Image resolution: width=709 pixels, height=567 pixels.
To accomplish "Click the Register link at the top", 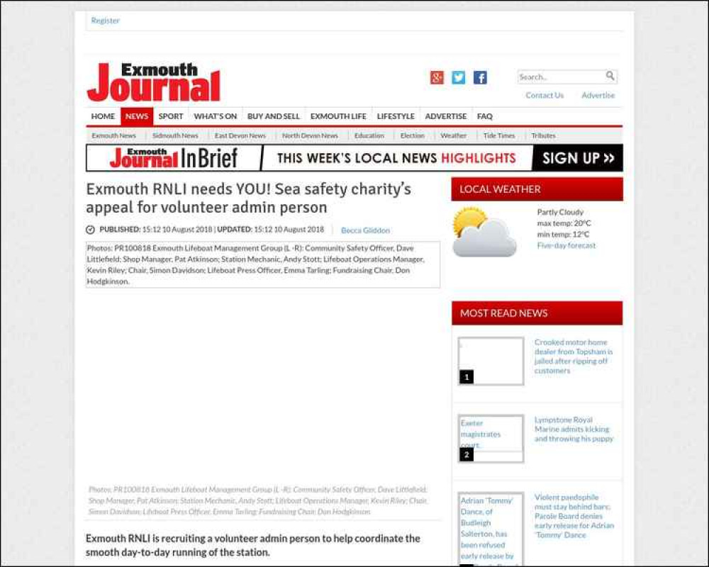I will point(105,21).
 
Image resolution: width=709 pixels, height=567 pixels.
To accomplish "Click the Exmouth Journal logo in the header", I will point(154,82).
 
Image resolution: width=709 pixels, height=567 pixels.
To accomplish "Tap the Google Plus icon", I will point(437,78).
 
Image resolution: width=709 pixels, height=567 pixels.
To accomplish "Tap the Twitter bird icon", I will point(459,78).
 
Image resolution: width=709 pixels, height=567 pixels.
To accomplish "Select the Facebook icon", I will point(480,78).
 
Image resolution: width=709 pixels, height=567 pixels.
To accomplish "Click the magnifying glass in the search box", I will point(610,76).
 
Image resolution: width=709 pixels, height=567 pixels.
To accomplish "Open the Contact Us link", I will point(545,95).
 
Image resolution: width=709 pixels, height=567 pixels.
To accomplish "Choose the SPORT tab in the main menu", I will point(171,116).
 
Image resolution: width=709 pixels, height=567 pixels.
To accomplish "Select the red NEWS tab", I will point(137,116).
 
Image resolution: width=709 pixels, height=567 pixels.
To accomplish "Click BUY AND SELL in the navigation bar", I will point(274,116).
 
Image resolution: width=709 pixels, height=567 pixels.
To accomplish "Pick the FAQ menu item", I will point(485,116).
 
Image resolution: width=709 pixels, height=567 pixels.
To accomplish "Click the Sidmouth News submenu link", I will point(175,135).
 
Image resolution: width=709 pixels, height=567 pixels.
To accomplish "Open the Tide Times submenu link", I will point(499,135).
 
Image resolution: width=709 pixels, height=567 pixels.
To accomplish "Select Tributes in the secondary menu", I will point(544,135).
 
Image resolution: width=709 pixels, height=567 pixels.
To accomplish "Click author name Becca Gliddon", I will point(365,230).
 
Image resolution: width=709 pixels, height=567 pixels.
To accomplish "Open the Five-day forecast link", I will point(566,245).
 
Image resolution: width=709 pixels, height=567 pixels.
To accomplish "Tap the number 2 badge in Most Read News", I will point(467,455).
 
